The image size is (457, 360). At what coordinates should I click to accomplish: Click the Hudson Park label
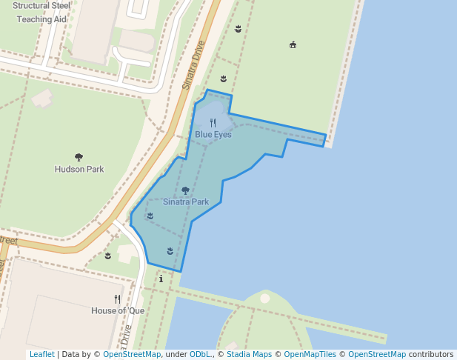[79, 169]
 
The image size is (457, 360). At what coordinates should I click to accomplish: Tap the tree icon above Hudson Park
[79, 157]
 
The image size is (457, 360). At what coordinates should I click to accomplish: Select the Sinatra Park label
[186, 201]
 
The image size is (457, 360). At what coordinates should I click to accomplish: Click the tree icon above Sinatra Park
[186, 190]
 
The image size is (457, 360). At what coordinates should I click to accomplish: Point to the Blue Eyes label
[213, 134]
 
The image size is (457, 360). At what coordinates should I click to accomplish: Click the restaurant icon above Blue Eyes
[213, 123]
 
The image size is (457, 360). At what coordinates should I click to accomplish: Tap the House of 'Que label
[118, 310]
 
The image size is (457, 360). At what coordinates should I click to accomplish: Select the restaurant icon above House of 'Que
[118, 299]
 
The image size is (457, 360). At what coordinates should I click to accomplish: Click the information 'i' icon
[161, 279]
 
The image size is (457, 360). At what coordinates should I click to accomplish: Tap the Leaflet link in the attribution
[41, 354]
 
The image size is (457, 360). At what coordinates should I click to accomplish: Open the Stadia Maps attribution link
[249, 354]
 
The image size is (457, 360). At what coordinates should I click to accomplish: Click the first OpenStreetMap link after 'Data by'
[132, 354]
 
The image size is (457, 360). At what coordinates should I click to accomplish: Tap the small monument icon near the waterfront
[293, 44]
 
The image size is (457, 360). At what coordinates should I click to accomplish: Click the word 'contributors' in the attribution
[431, 354]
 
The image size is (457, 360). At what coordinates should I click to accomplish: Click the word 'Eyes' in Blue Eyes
[222, 134]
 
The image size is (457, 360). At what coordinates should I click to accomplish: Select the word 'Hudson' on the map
[70, 169]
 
